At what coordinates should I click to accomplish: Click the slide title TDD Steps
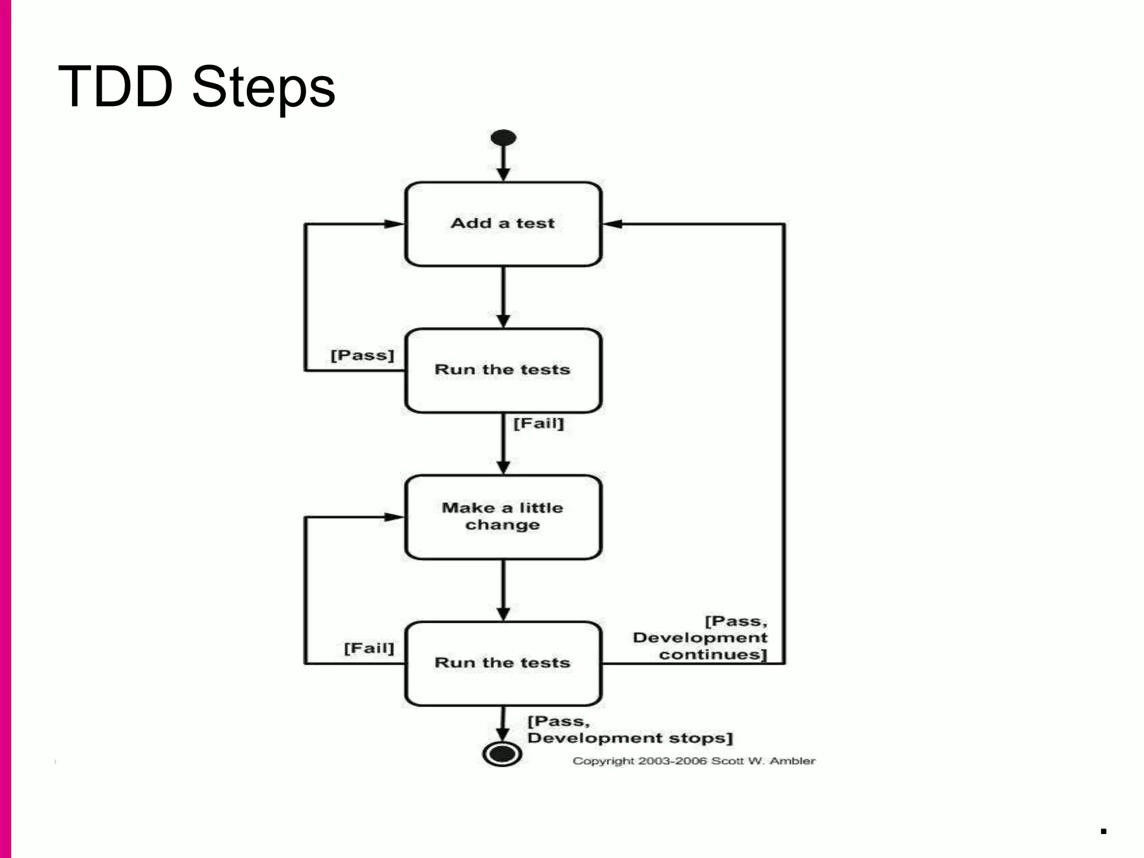coord(197,87)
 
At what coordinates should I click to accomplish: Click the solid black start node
coord(503,138)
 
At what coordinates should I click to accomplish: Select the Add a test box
coord(503,223)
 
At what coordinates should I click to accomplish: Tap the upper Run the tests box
coord(503,370)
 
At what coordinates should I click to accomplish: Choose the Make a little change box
coord(503,517)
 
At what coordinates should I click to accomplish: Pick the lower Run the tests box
coord(503,663)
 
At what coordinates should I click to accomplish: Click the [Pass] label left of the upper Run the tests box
coord(362,355)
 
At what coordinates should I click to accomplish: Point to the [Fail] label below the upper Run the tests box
coord(538,423)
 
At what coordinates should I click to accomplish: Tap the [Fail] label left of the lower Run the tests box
coord(369,648)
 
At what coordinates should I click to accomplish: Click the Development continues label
coord(700,638)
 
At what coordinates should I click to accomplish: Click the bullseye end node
coord(502,754)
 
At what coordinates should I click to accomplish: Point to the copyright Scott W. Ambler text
coord(694,761)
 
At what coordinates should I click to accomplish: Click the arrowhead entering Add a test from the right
coord(612,224)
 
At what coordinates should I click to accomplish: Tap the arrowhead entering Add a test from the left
coord(394,224)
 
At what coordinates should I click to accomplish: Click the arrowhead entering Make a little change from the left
coord(394,517)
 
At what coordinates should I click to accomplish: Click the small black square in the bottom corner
coord(1103,831)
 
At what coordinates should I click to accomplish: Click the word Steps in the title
coord(264,88)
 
